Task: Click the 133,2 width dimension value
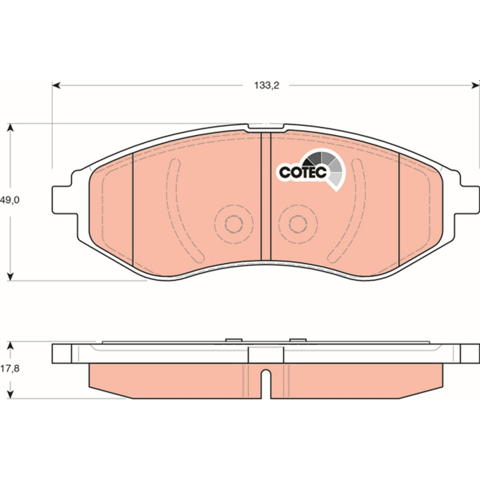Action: (266, 85)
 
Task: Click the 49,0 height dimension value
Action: (10, 200)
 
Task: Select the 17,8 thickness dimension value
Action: (10, 369)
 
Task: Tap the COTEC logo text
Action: (303, 172)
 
